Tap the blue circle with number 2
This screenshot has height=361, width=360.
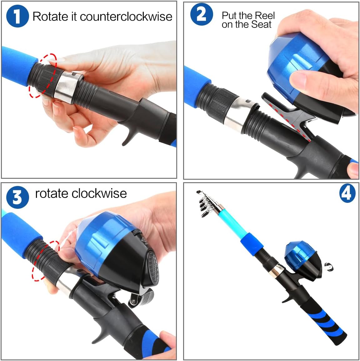202,15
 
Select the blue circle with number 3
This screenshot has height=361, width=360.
17,197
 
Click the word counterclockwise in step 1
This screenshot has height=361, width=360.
126,17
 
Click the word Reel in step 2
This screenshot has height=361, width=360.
264,15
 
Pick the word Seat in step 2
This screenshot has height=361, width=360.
262,25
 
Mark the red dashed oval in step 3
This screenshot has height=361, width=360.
45,261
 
